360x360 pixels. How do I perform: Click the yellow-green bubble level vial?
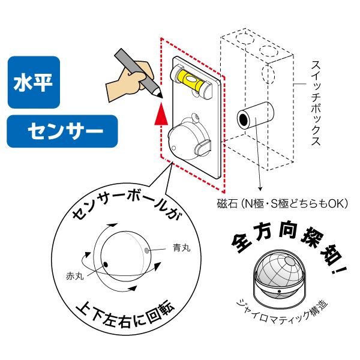coord(191,80)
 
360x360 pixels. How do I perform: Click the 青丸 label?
coord(181,247)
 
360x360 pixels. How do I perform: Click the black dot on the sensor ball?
coord(106,265)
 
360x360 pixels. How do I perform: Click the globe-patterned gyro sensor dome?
coord(278,273)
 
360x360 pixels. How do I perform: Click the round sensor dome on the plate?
coord(188,138)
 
